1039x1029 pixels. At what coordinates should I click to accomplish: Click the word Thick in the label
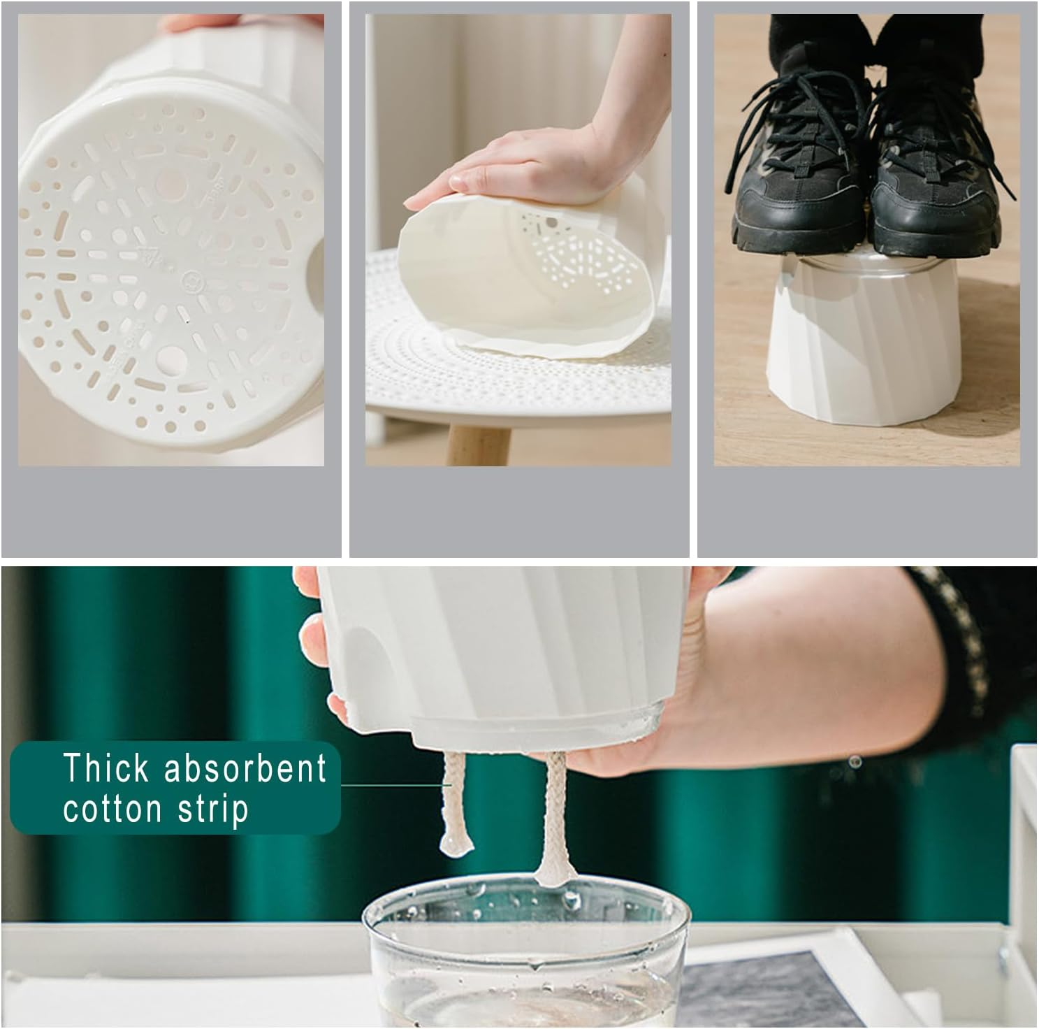106,768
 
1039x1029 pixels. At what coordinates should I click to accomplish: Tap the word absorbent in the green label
245,768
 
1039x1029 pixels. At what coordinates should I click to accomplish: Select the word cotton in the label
112,809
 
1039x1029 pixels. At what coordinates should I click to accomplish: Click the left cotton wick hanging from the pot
455,804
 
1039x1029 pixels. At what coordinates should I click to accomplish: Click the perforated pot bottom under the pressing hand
573,255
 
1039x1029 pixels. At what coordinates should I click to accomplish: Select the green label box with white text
175,788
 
